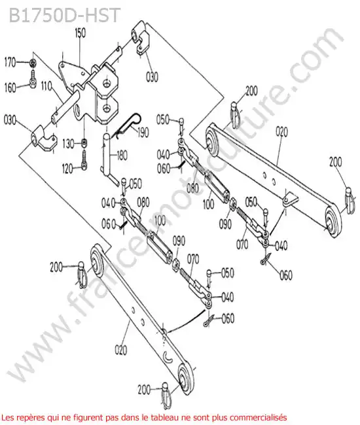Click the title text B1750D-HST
(64, 15)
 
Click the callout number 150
(80, 33)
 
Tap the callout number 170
(10, 62)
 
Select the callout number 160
(10, 88)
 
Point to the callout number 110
(46, 86)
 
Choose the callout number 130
(68, 143)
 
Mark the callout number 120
(67, 169)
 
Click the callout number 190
(143, 133)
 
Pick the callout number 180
(122, 156)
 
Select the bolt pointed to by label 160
(32, 79)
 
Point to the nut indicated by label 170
(33, 63)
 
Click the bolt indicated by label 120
(84, 160)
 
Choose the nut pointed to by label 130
(84, 143)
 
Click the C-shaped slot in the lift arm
(168, 357)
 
